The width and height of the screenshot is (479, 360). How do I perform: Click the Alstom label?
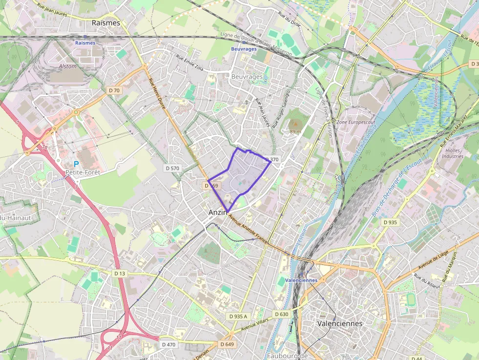(67, 66)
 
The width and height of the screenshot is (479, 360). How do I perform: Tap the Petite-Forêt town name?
(82, 172)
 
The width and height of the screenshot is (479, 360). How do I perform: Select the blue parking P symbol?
(76, 164)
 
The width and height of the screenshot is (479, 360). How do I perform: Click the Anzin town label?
(218, 212)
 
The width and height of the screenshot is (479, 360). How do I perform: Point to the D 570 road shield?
(173, 168)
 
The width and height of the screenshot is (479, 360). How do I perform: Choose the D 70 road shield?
(114, 90)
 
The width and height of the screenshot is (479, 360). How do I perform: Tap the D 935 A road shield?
(238, 317)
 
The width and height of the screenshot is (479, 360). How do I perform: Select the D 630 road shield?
(282, 314)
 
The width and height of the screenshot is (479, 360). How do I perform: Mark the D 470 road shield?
(169, 344)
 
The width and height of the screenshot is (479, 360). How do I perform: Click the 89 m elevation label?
(295, 131)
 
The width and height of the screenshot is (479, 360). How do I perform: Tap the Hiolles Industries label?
(452, 153)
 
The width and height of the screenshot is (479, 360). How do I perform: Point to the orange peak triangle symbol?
(295, 125)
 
